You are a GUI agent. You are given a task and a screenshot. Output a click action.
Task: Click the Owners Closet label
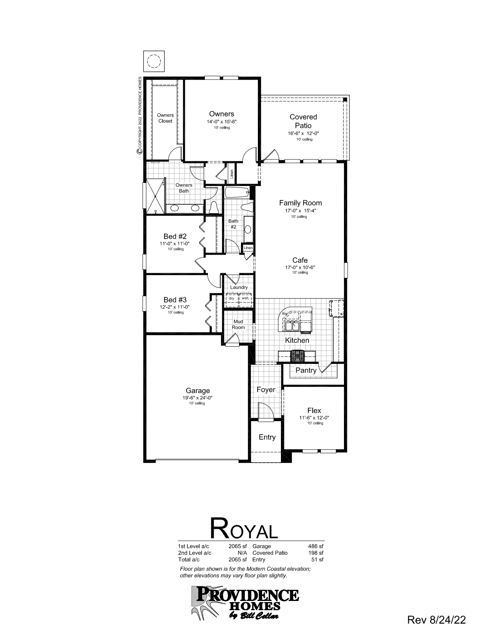point(165,118)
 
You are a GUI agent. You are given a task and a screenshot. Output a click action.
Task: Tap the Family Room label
point(300,203)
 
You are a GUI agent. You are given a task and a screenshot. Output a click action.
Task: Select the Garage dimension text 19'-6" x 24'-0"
point(198,398)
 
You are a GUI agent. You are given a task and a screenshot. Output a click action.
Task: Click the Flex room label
point(314,410)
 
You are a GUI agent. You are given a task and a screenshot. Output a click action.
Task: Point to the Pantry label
point(306,370)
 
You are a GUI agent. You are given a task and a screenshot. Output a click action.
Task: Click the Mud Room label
point(238,324)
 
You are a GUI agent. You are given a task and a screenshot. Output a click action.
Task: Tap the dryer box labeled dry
point(231,298)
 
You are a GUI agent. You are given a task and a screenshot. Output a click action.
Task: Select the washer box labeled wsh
point(245,298)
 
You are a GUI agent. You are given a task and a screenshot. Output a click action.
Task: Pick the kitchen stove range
point(297,355)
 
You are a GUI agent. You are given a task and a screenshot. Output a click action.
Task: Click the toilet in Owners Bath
point(214,207)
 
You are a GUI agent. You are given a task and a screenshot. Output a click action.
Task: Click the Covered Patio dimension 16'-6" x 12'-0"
point(303,133)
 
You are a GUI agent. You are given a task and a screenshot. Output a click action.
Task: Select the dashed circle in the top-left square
point(154,61)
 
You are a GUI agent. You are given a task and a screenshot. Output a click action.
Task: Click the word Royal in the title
point(244,528)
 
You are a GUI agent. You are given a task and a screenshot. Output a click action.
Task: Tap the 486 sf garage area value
point(316,546)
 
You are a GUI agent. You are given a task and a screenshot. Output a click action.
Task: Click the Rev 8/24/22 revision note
point(436,619)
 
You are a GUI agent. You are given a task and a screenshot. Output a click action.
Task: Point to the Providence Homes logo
point(244,602)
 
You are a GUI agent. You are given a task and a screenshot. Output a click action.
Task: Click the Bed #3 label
point(175,300)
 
